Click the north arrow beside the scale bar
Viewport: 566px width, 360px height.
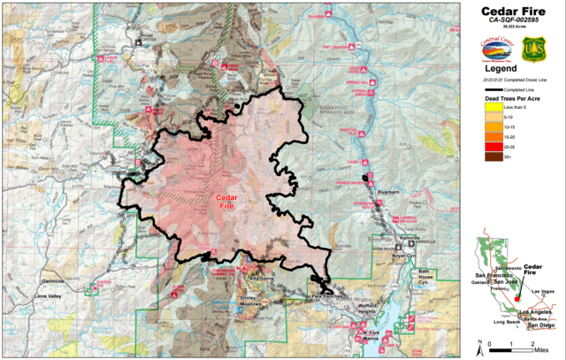[x=478, y=344]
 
